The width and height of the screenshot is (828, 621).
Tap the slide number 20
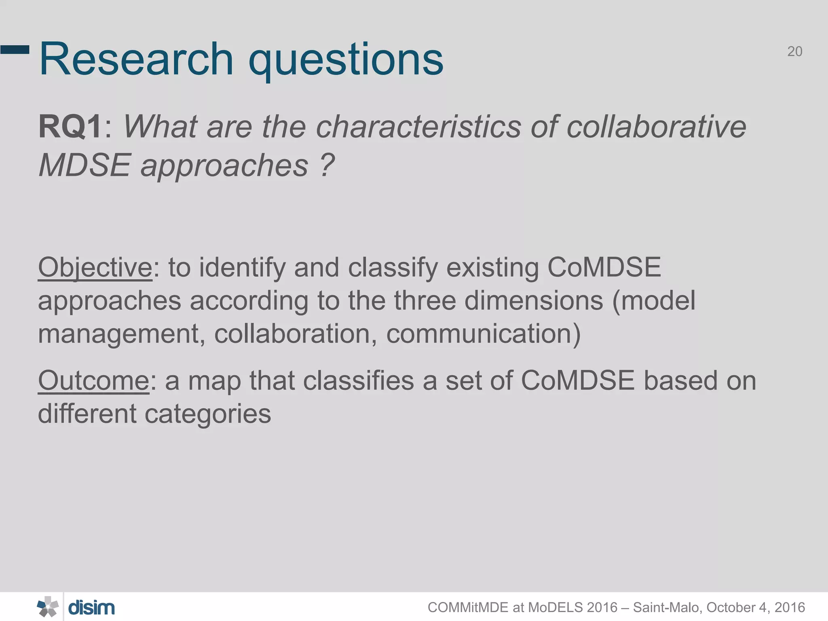pyautogui.click(x=794, y=52)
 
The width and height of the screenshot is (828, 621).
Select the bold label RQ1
pyautogui.click(x=70, y=127)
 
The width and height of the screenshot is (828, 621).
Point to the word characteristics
pyautogui.click(x=418, y=127)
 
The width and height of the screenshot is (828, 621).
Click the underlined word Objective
pyautogui.click(x=95, y=268)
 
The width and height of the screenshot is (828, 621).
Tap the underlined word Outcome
pyautogui.click(x=93, y=381)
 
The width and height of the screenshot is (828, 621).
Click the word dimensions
pyautogui.click(x=534, y=301)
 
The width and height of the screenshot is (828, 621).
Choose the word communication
pyautogui.click(x=483, y=334)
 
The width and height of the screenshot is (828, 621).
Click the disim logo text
pyautogui.click(x=91, y=608)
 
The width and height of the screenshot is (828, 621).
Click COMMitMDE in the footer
pyautogui.click(x=468, y=608)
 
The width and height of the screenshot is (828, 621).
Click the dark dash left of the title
pyautogui.click(x=15, y=50)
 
